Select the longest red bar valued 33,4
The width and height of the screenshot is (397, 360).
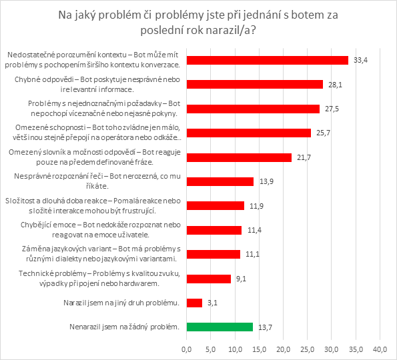tap(267, 60)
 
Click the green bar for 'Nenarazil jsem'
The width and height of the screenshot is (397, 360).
tap(220, 327)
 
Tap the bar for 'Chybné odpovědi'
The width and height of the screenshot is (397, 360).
tap(254, 84)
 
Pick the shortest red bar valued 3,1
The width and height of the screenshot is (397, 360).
tap(194, 303)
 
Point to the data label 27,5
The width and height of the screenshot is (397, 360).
tap(332, 109)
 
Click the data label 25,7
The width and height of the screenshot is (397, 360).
tap(323, 133)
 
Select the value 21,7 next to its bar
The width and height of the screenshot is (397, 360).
tap(304, 157)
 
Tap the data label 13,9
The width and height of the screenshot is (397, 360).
tap(266, 181)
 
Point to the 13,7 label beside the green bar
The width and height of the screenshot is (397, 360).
tap(265, 327)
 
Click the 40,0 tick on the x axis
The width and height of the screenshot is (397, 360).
tap(380, 349)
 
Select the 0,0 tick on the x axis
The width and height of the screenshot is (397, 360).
tap(186, 349)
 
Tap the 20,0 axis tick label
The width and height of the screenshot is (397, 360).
tap(283, 349)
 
